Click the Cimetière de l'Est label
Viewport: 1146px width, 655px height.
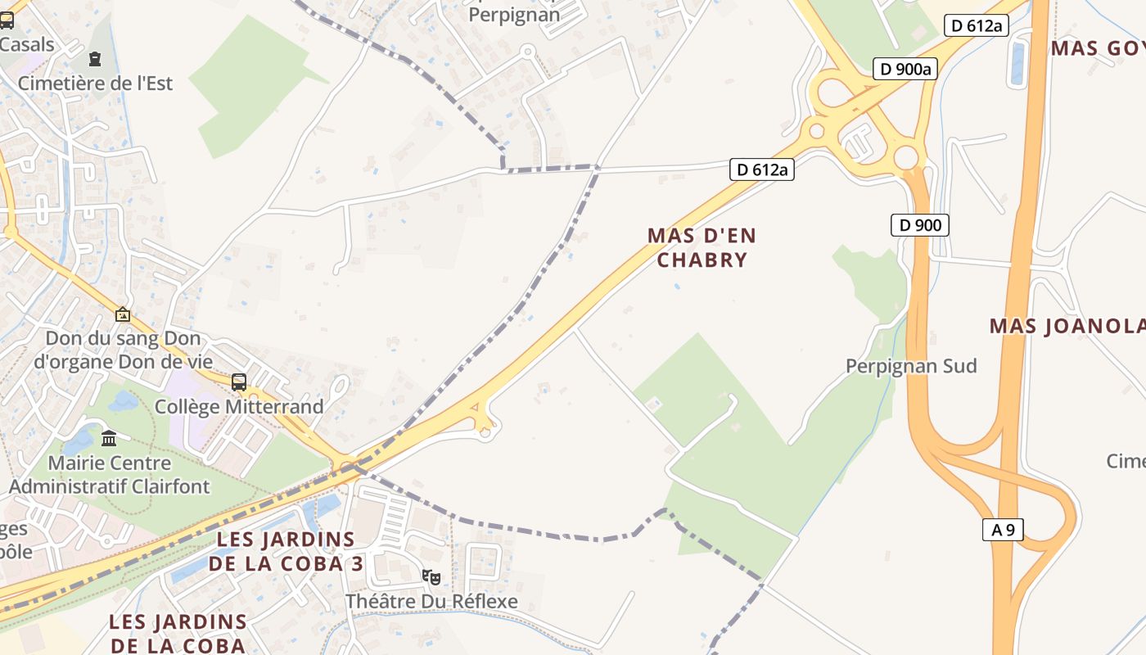point(95,83)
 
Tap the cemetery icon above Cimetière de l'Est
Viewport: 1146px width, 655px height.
point(96,59)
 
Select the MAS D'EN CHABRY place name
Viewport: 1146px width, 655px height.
point(702,247)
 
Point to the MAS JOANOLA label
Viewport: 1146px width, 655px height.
point(1067,326)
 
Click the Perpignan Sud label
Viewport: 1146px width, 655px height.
point(911,365)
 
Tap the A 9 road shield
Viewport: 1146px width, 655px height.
point(1003,530)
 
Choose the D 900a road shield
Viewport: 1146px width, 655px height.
point(904,69)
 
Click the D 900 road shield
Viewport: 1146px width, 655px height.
point(920,224)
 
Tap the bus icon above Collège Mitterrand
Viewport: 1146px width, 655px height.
point(239,382)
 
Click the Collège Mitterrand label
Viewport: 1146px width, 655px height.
point(239,406)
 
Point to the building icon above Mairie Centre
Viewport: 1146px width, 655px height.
point(109,438)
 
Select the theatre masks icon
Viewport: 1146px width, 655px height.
point(431,576)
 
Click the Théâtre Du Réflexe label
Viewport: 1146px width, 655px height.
point(431,601)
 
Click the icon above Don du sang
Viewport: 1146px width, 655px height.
point(123,314)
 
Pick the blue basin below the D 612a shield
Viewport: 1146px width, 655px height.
point(1017,63)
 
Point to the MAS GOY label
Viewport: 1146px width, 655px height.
point(1097,47)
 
